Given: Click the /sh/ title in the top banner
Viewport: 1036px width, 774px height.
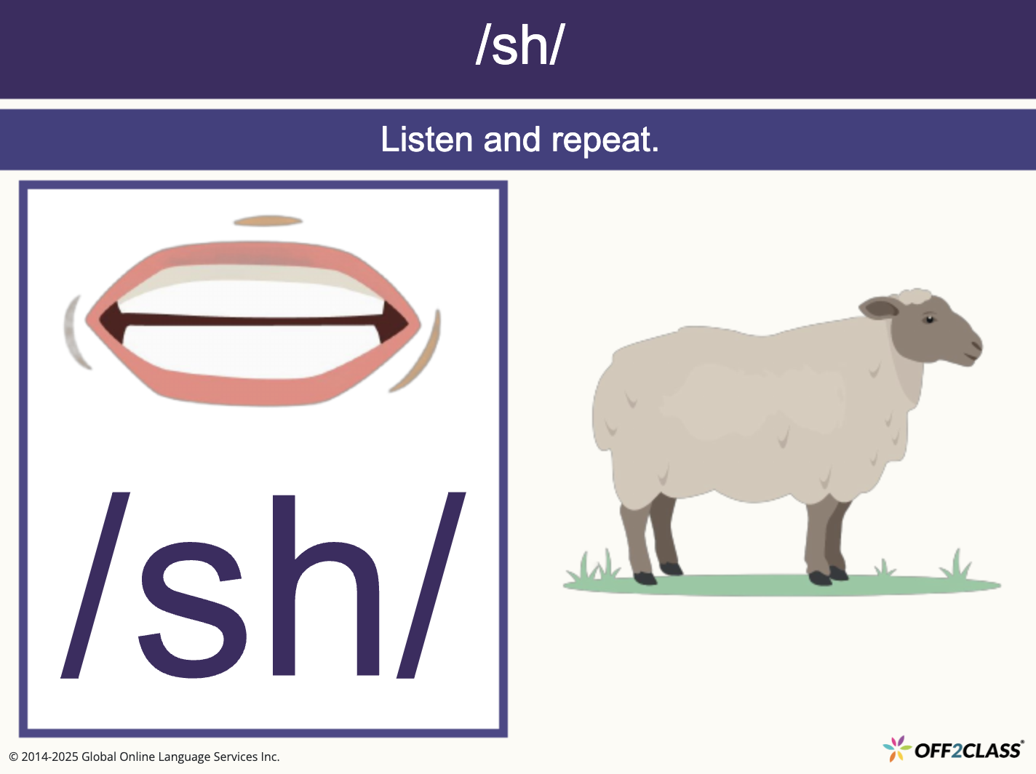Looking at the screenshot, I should tap(519, 45).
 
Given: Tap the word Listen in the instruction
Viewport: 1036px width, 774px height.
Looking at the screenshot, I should tap(426, 140).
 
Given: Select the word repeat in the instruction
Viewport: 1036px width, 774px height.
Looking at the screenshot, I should tap(605, 140).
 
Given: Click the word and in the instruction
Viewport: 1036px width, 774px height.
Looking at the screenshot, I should tap(512, 140).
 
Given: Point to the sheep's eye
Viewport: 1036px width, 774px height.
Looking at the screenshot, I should tap(929, 319).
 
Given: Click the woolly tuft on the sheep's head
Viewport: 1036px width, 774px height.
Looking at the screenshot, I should tap(914, 296).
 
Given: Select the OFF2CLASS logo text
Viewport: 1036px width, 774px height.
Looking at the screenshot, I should tap(968, 750).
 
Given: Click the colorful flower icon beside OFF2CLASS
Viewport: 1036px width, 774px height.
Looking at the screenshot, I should tap(896, 748).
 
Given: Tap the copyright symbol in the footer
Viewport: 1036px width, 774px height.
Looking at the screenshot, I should tap(13, 757).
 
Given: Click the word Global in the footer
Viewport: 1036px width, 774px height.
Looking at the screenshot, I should tap(99, 757).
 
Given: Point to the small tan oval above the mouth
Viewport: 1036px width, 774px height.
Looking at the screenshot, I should tap(267, 220).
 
